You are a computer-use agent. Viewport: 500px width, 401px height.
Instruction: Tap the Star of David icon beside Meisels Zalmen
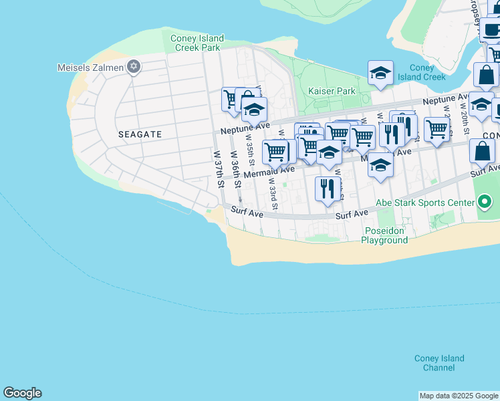pyautogui.click(x=134, y=66)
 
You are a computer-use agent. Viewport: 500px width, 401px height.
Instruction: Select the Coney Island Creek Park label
pyautogui.click(x=197, y=43)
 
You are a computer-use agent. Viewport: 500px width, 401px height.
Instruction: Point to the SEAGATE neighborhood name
pyautogui.click(x=140, y=134)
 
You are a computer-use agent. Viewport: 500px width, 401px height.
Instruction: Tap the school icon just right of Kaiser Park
pyautogui.click(x=380, y=74)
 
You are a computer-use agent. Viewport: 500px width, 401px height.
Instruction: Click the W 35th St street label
pyautogui.click(x=250, y=154)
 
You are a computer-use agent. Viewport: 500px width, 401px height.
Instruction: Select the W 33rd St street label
pyautogui.click(x=273, y=191)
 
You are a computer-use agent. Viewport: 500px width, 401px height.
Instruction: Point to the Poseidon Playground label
pyautogui.click(x=386, y=235)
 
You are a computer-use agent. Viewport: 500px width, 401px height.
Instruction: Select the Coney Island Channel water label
pyautogui.click(x=439, y=363)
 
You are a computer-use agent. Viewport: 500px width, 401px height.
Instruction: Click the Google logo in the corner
pyautogui.click(x=22, y=393)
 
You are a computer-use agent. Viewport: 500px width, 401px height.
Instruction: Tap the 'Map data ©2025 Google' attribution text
pyautogui.click(x=459, y=396)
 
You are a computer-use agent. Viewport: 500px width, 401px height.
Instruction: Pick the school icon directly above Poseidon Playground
pyautogui.click(x=380, y=164)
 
